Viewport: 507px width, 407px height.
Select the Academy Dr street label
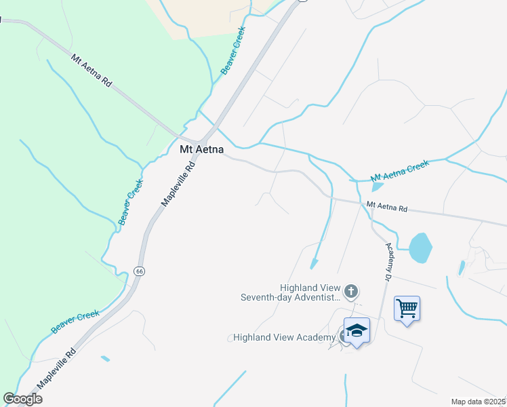point(389,263)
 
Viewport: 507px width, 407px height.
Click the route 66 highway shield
point(140,271)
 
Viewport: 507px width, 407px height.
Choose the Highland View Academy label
point(284,337)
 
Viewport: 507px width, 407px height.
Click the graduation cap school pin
point(357,331)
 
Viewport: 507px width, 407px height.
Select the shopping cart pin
point(407,309)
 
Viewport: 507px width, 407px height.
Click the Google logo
point(23,399)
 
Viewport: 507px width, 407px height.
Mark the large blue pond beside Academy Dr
point(420,248)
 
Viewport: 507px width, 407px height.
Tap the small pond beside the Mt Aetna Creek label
point(378,187)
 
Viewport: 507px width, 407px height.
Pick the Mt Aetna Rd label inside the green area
point(91,71)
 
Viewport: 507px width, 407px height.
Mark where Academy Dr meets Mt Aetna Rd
point(372,207)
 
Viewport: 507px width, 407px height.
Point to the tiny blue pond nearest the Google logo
point(105,358)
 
